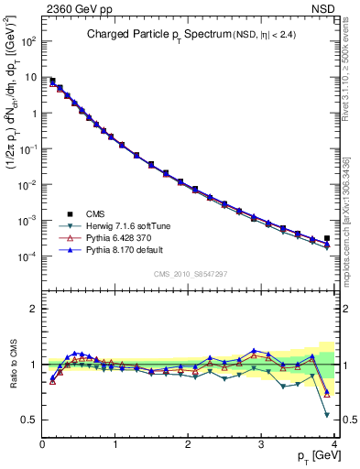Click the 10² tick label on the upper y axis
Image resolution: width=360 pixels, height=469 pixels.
pos(29,42)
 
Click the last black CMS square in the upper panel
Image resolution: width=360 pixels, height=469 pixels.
pos(327,238)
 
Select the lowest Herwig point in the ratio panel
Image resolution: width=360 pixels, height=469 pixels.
pos(327,415)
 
